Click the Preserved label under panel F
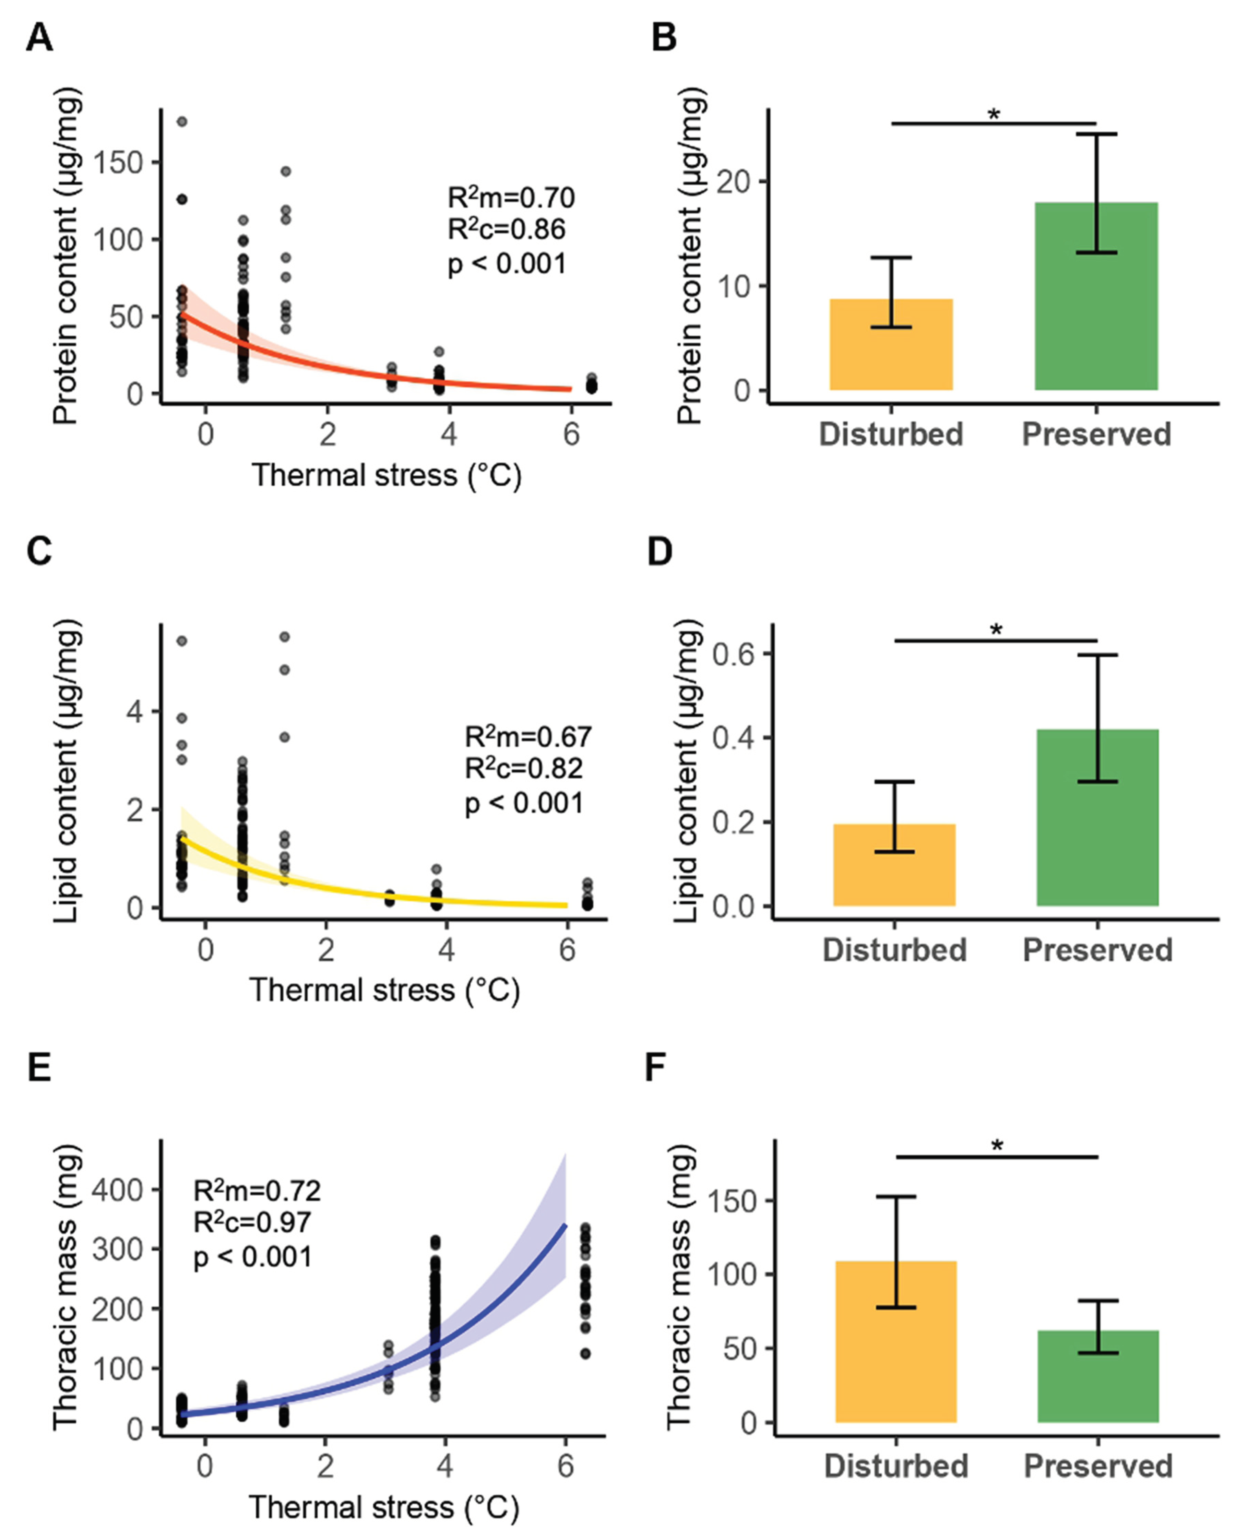[1098, 1466]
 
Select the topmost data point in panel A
[182, 121]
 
